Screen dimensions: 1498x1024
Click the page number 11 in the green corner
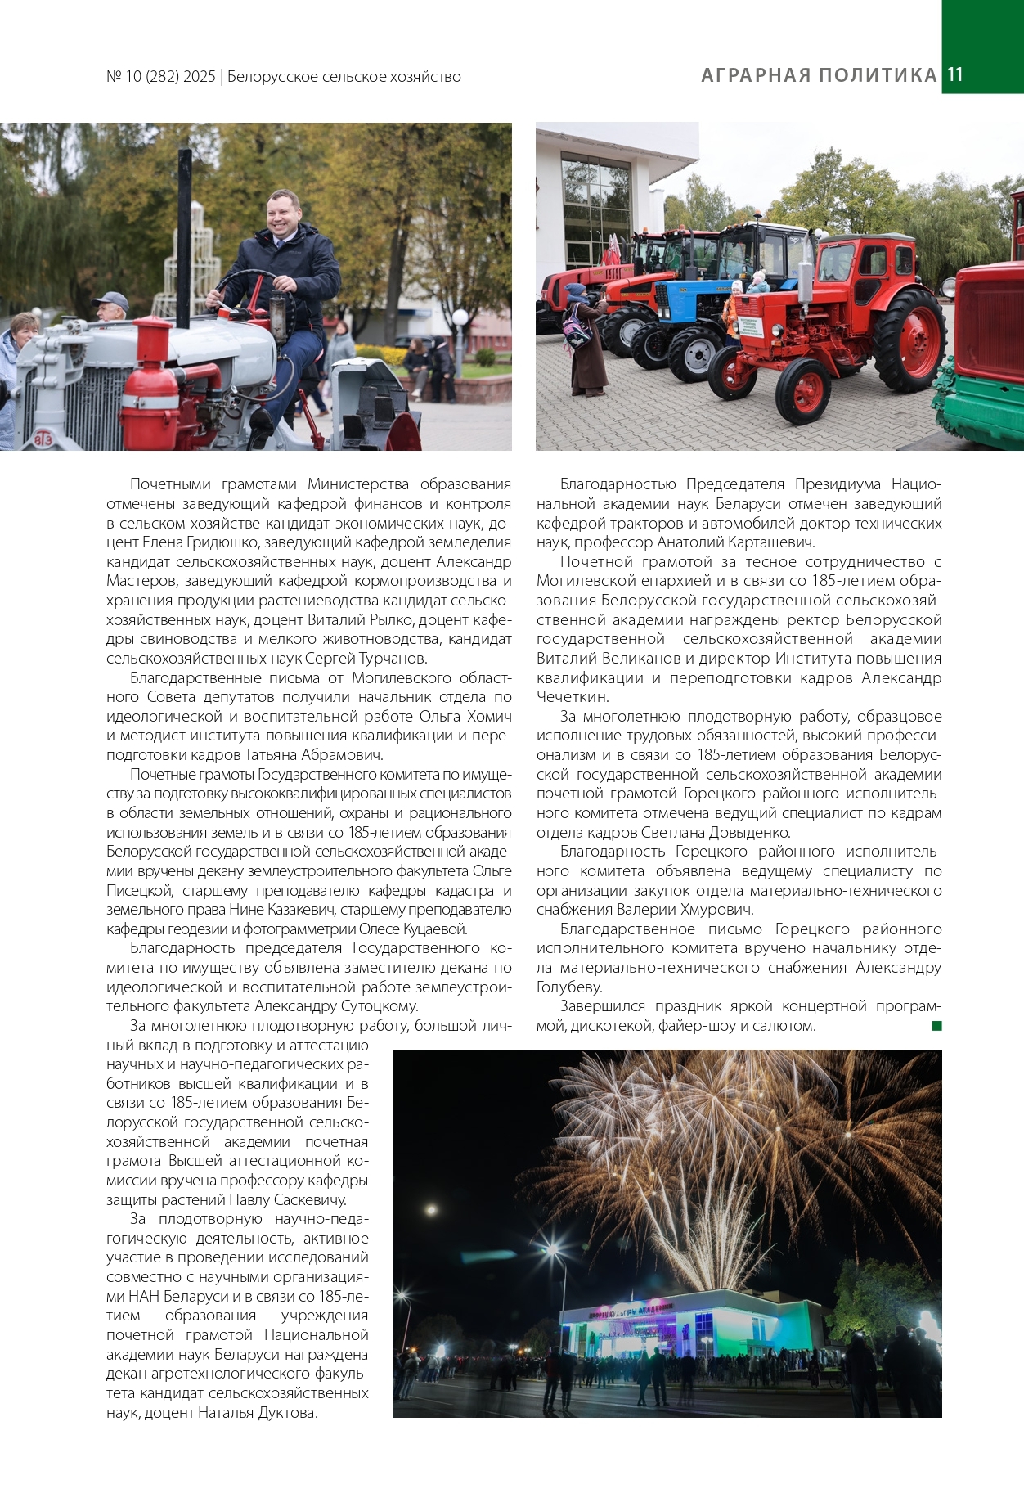(955, 74)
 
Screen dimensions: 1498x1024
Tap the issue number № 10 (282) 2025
(161, 77)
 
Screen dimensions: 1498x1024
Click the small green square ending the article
(936, 1026)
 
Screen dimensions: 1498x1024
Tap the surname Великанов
(644, 659)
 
